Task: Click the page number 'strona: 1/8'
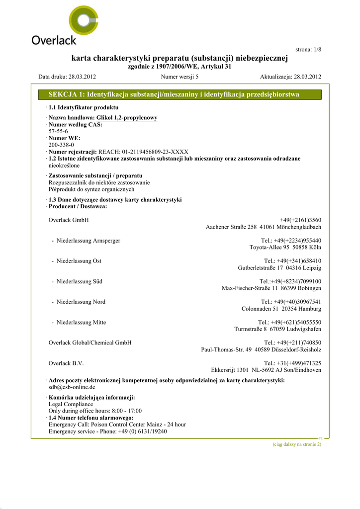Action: point(308,50)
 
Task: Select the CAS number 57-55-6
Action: point(58,131)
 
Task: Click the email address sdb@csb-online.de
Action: point(72,387)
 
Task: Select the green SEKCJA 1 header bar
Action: point(180,94)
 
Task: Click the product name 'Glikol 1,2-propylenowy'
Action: point(127,118)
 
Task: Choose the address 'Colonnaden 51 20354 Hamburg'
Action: point(281,309)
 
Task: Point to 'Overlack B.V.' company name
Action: point(66,363)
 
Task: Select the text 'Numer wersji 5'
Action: point(180,77)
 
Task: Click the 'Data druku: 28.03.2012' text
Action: point(67,77)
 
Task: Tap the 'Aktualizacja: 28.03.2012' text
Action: point(290,77)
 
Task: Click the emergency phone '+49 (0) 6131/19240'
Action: point(143,431)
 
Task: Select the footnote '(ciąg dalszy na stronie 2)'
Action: point(297,444)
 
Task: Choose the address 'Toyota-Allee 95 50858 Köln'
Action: point(285,248)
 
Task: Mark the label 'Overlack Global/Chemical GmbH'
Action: point(90,343)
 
